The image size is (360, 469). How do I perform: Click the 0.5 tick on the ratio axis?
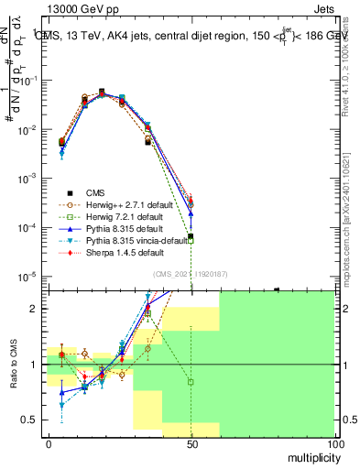point(35,420)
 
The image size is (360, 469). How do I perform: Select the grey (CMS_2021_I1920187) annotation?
point(191,273)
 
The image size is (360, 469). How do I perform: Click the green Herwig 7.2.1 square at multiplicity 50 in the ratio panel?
point(191,382)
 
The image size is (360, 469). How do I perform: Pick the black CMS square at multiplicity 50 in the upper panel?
point(191,236)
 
